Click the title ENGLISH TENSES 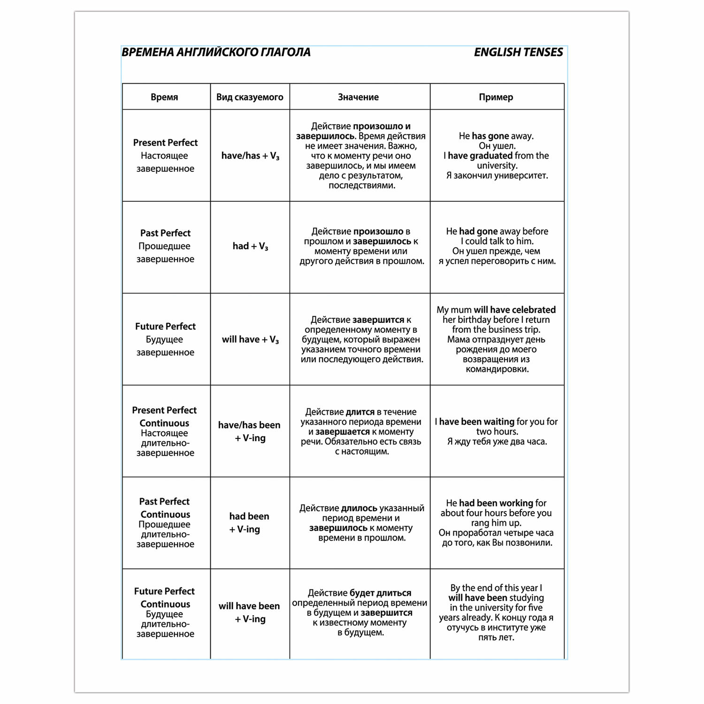coord(518,52)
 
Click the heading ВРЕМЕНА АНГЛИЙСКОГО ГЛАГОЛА coord(216,52)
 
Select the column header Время coord(164,97)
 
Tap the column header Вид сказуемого coord(250,97)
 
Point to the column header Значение coord(358,97)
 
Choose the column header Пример coord(496,97)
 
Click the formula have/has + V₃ coord(250,156)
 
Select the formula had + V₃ coord(250,246)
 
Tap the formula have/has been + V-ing coord(249,431)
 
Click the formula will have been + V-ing coord(249,612)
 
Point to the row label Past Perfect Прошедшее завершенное coord(165,246)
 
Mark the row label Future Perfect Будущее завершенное coord(165,339)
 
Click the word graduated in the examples coord(490,156)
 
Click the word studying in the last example coord(526,598)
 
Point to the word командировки coord(497,369)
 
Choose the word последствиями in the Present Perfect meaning coord(361,185)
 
